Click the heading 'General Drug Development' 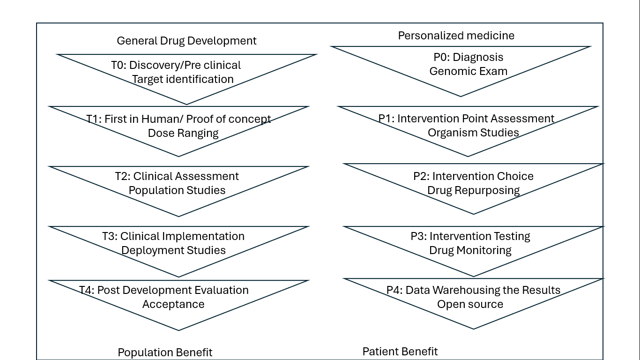click(x=186, y=41)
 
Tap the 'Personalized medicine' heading click(x=456, y=36)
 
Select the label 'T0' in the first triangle click(x=118, y=65)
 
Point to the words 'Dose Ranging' click(x=183, y=133)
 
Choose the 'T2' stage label click(x=122, y=176)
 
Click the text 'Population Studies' click(x=177, y=190)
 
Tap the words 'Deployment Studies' click(x=173, y=250)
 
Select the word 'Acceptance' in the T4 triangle click(x=173, y=304)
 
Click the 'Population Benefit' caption click(x=165, y=352)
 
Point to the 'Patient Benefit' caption click(x=400, y=352)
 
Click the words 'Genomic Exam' click(x=469, y=71)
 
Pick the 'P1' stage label click(x=385, y=119)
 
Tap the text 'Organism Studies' click(x=473, y=133)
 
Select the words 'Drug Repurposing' click(x=473, y=190)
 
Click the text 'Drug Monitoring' click(x=470, y=250)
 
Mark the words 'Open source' click(x=470, y=304)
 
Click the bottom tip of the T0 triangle click(x=186, y=105)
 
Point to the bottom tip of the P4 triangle click(x=473, y=329)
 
